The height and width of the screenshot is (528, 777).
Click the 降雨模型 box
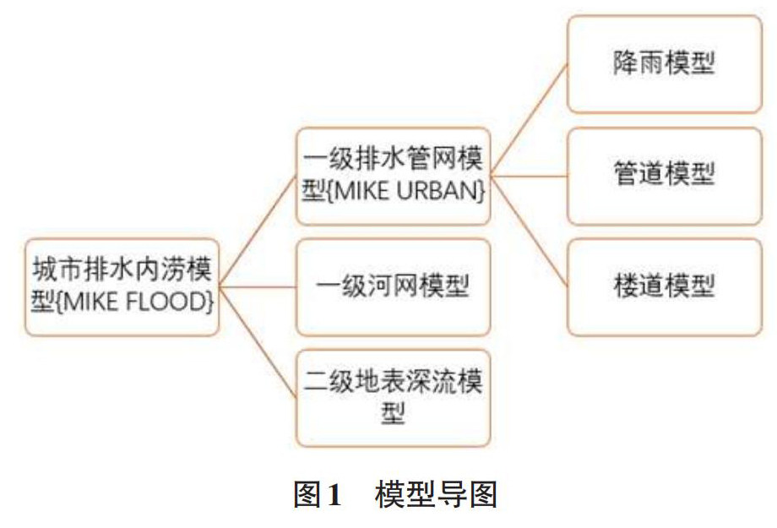[x=664, y=65]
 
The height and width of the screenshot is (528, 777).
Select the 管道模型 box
[x=664, y=176]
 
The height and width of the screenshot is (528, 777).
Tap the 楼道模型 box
[x=664, y=286]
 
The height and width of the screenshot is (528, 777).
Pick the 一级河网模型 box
[x=393, y=287]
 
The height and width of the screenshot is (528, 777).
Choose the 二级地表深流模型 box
[x=393, y=397]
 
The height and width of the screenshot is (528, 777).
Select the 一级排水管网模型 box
[x=393, y=176]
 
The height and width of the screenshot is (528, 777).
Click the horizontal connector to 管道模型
[x=529, y=176]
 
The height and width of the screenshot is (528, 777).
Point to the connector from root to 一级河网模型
[x=258, y=287]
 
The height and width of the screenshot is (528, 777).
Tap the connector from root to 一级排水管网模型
[x=258, y=231]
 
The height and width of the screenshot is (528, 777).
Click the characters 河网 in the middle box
[x=393, y=287]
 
